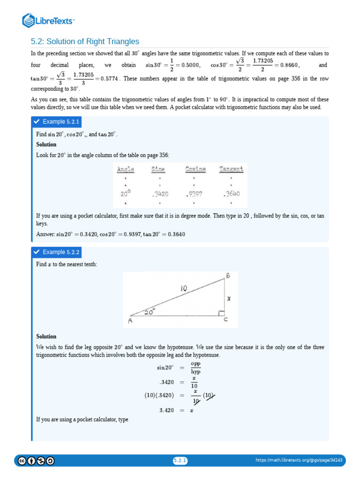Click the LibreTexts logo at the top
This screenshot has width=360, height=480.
click(x=49, y=20)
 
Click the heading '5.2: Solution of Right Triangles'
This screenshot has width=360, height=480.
click(x=85, y=42)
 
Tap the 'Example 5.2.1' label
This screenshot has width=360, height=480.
click(x=61, y=122)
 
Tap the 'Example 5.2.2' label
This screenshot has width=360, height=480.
click(x=61, y=252)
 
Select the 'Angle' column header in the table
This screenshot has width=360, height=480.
click(x=126, y=169)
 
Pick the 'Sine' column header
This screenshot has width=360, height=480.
click(x=160, y=169)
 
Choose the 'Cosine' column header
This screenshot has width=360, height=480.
click(x=195, y=169)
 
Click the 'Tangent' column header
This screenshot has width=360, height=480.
click(x=231, y=169)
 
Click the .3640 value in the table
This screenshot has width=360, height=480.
click(x=231, y=194)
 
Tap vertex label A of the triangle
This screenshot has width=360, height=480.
click(x=130, y=321)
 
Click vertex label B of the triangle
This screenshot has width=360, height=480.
click(x=228, y=276)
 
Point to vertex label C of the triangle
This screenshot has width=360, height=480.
click(x=225, y=321)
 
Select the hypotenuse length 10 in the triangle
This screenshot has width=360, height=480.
click(x=184, y=290)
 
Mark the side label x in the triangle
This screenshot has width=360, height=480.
click(x=229, y=298)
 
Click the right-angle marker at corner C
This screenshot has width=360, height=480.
click(x=221, y=313)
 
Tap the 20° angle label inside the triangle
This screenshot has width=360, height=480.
click(x=150, y=311)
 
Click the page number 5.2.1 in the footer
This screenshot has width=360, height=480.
click(x=180, y=461)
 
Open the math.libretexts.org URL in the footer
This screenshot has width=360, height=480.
click(x=299, y=461)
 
